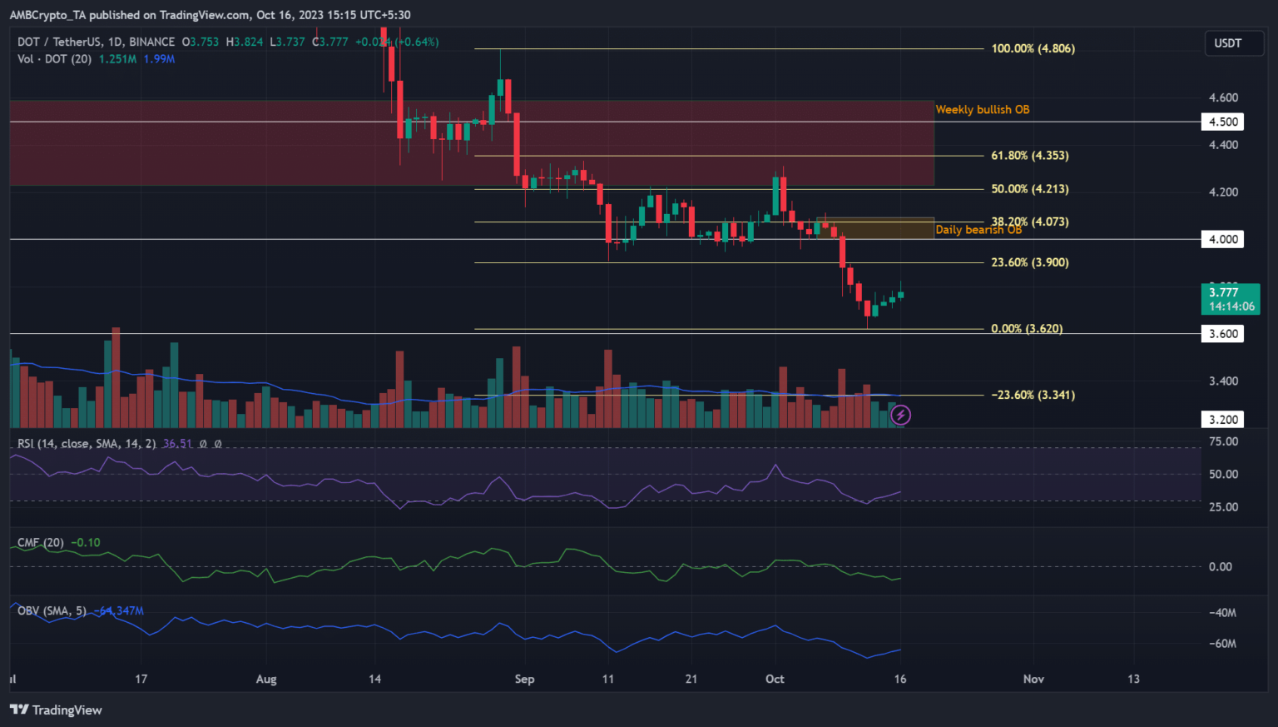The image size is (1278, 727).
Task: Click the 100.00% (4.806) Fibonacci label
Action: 1033,48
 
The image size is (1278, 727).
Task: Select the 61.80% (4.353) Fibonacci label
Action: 1029,156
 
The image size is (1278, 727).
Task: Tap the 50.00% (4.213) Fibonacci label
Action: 1029,189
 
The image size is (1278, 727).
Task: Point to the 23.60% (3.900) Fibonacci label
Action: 1029,262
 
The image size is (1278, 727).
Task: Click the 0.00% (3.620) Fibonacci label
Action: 1026,329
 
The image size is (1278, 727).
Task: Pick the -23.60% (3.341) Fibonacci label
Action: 1033,395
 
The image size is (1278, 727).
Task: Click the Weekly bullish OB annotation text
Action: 982,110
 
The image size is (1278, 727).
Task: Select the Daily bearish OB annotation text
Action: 978,231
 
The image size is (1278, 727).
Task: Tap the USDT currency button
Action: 1227,43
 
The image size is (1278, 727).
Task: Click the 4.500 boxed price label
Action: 1222,122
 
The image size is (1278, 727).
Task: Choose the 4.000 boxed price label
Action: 1222,239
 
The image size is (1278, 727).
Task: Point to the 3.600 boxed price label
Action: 1222,334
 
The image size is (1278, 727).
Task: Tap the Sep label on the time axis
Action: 524,679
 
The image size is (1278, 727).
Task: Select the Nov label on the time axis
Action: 1033,679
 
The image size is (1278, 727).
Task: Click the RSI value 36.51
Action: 177,444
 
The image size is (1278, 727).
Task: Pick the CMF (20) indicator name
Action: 41,543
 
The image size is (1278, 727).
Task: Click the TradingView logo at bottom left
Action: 56,710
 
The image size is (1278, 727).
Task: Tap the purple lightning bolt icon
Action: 900,415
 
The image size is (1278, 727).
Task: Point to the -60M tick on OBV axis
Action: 1221,644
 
